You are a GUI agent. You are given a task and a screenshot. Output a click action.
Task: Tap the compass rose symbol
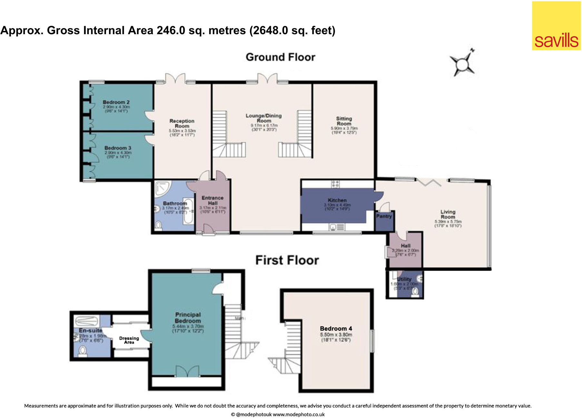pyautogui.click(x=463, y=63)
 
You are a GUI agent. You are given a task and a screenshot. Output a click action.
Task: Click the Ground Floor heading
pyautogui.click(x=280, y=57)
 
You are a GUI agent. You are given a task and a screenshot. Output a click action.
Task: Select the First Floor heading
pyautogui.click(x=287, y=260)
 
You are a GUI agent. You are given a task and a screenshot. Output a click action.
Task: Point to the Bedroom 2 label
pyautogui.click(x=116, y=102)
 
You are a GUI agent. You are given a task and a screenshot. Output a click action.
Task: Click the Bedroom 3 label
pyautogui.click(x=118, y=148)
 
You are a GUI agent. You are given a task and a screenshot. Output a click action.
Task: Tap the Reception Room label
pyautogui.click(x=182, y=123)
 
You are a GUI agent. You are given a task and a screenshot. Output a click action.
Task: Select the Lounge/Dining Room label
pyautogui.click(x=263, y=118)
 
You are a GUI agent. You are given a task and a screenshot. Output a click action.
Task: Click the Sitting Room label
pyautogui.click(x=344, y=121)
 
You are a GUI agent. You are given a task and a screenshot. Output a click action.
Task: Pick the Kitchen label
pyautogui.click(x=337, y=200)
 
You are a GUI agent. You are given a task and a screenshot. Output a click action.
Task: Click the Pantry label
pyautogui.click(x=384, y=216)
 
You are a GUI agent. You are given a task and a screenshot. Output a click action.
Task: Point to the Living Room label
pyautogui.click(x=448, y=214)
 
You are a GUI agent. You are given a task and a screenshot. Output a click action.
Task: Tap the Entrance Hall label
pyautogui.click(x=212, y=200)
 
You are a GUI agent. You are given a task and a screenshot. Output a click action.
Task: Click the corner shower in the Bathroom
pyautogui.click(x=162, y=189)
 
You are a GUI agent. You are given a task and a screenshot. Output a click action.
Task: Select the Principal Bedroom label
pyautogui.click(x=188, y=317)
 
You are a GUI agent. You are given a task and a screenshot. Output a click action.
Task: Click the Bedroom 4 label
pyautogui.click(x=336, y=328)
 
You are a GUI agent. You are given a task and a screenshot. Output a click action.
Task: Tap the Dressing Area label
pyautogui.click(x=129, y=340)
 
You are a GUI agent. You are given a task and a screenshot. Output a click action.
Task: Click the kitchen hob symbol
pyautogui.click(x=335, y=184)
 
